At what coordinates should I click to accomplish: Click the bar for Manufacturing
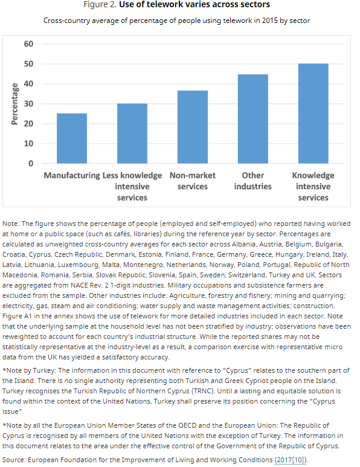point(72,138)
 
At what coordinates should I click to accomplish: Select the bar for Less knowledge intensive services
point(132,134)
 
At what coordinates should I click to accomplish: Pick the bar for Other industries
point(252,119)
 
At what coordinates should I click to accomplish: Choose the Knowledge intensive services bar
point(313,114)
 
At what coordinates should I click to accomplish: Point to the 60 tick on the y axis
point(29,44)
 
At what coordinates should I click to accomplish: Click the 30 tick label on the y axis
point(29,104)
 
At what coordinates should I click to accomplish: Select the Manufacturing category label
point(71,176)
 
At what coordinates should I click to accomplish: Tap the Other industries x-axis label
point(252,181)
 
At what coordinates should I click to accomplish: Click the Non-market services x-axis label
point(192,181)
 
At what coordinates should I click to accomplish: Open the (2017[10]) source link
point(291,460)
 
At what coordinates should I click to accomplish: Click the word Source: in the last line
point(16,460)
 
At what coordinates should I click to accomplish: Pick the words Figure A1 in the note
point(20,315)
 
